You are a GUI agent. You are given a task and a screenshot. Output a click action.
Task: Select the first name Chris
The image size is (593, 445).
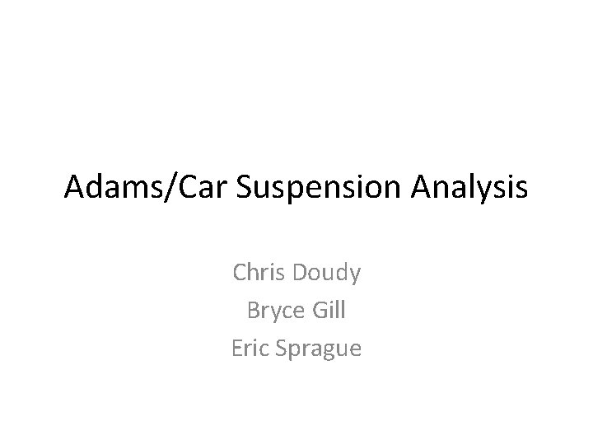(257, 273)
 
